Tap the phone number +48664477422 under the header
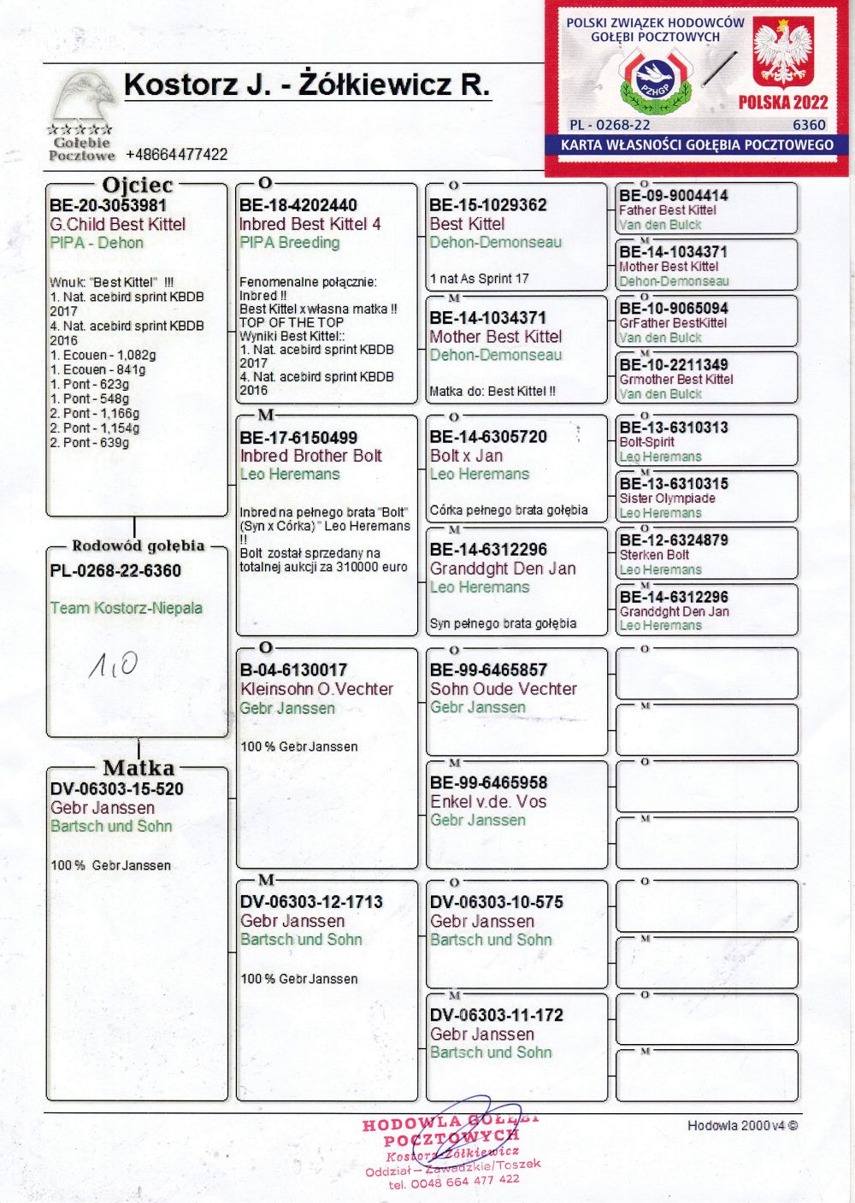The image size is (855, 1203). tap(176, 155)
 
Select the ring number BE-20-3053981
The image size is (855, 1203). tap(108, 205)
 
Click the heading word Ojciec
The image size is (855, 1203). tap(137, 185)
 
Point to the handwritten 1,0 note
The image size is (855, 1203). tap(114, 664)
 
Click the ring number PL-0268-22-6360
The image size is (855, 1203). tap(115, 571)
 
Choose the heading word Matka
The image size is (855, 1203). tap(139, 768)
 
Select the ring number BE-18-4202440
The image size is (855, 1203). tap(298, 205)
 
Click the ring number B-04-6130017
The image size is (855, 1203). tap(293, 670)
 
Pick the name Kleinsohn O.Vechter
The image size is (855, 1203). tap(316, 689)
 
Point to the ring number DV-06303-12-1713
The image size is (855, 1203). tap(311, 902)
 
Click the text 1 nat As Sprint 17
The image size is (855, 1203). tap(479, 279)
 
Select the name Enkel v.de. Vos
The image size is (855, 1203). tap(488, 802)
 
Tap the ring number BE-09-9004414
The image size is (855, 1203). tap(674, 196)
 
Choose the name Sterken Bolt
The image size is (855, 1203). tap(654, 555)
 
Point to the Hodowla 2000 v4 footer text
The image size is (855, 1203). tap(742, 1126)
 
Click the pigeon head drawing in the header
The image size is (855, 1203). tap(83, 98)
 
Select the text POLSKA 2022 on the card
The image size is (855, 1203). tap(783, 103)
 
